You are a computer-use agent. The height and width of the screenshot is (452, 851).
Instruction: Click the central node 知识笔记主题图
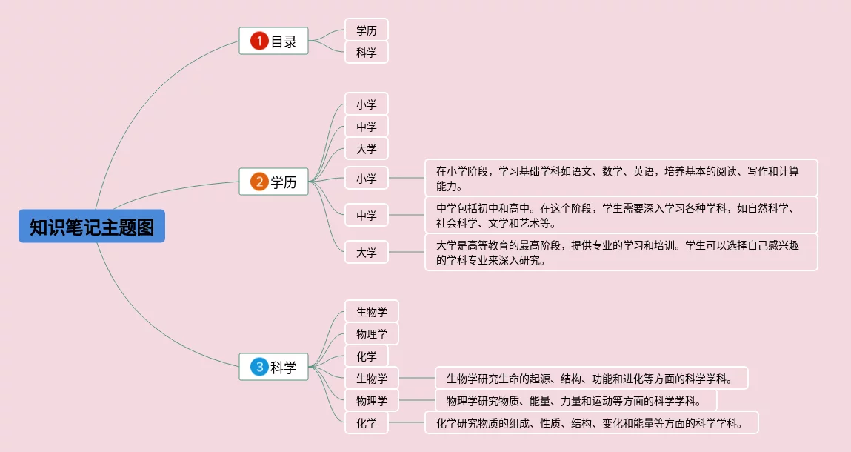click(92, 226)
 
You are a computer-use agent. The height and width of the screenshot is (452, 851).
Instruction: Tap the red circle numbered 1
click(258, 41)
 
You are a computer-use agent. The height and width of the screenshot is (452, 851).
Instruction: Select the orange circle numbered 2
click(258, 182)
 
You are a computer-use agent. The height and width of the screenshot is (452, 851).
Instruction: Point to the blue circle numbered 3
click(258, 367)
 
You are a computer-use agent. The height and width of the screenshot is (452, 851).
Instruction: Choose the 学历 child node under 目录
click(366, 30)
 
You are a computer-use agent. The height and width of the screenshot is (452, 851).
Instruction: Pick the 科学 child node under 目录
click(366, 53)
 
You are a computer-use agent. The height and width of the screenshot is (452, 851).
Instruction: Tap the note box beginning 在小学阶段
click(621, 178)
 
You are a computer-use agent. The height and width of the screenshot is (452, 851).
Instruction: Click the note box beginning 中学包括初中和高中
click(621, 215)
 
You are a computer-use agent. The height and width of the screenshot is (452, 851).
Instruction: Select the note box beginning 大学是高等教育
click(621, 252)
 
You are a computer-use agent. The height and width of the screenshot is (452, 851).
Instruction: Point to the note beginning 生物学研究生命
click(590, 379)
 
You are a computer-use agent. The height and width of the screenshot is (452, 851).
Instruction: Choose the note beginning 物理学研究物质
click(575, 401)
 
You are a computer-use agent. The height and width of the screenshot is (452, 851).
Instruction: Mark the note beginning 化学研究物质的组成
click(591, 423)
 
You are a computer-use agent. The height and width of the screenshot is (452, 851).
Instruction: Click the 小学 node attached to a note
click(366, 179)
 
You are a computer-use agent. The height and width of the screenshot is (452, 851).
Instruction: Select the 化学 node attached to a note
click(366, 423)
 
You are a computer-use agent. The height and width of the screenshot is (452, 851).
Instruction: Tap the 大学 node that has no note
click(366, 149)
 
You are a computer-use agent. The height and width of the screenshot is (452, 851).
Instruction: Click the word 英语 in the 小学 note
click(643, 171)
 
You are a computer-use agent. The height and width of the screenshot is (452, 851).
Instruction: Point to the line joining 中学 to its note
click(406, 216)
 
